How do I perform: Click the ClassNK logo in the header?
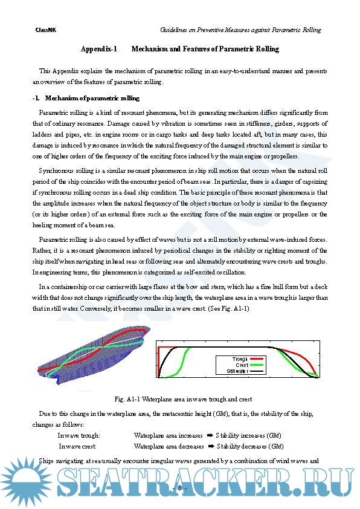click(45, 30)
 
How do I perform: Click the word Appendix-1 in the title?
click(98, 49)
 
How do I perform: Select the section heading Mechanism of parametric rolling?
click(92, 98)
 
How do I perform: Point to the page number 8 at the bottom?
click(179, 488)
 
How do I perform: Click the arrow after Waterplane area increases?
click(210, 435)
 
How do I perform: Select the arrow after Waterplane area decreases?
click(211, 446)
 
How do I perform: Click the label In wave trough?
click(79, 436)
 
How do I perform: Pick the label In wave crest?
click(77, 447)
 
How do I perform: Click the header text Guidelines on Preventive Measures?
click(215, 30)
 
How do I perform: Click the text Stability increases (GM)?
click(248, 436)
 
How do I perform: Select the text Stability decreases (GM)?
click(251, 447)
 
